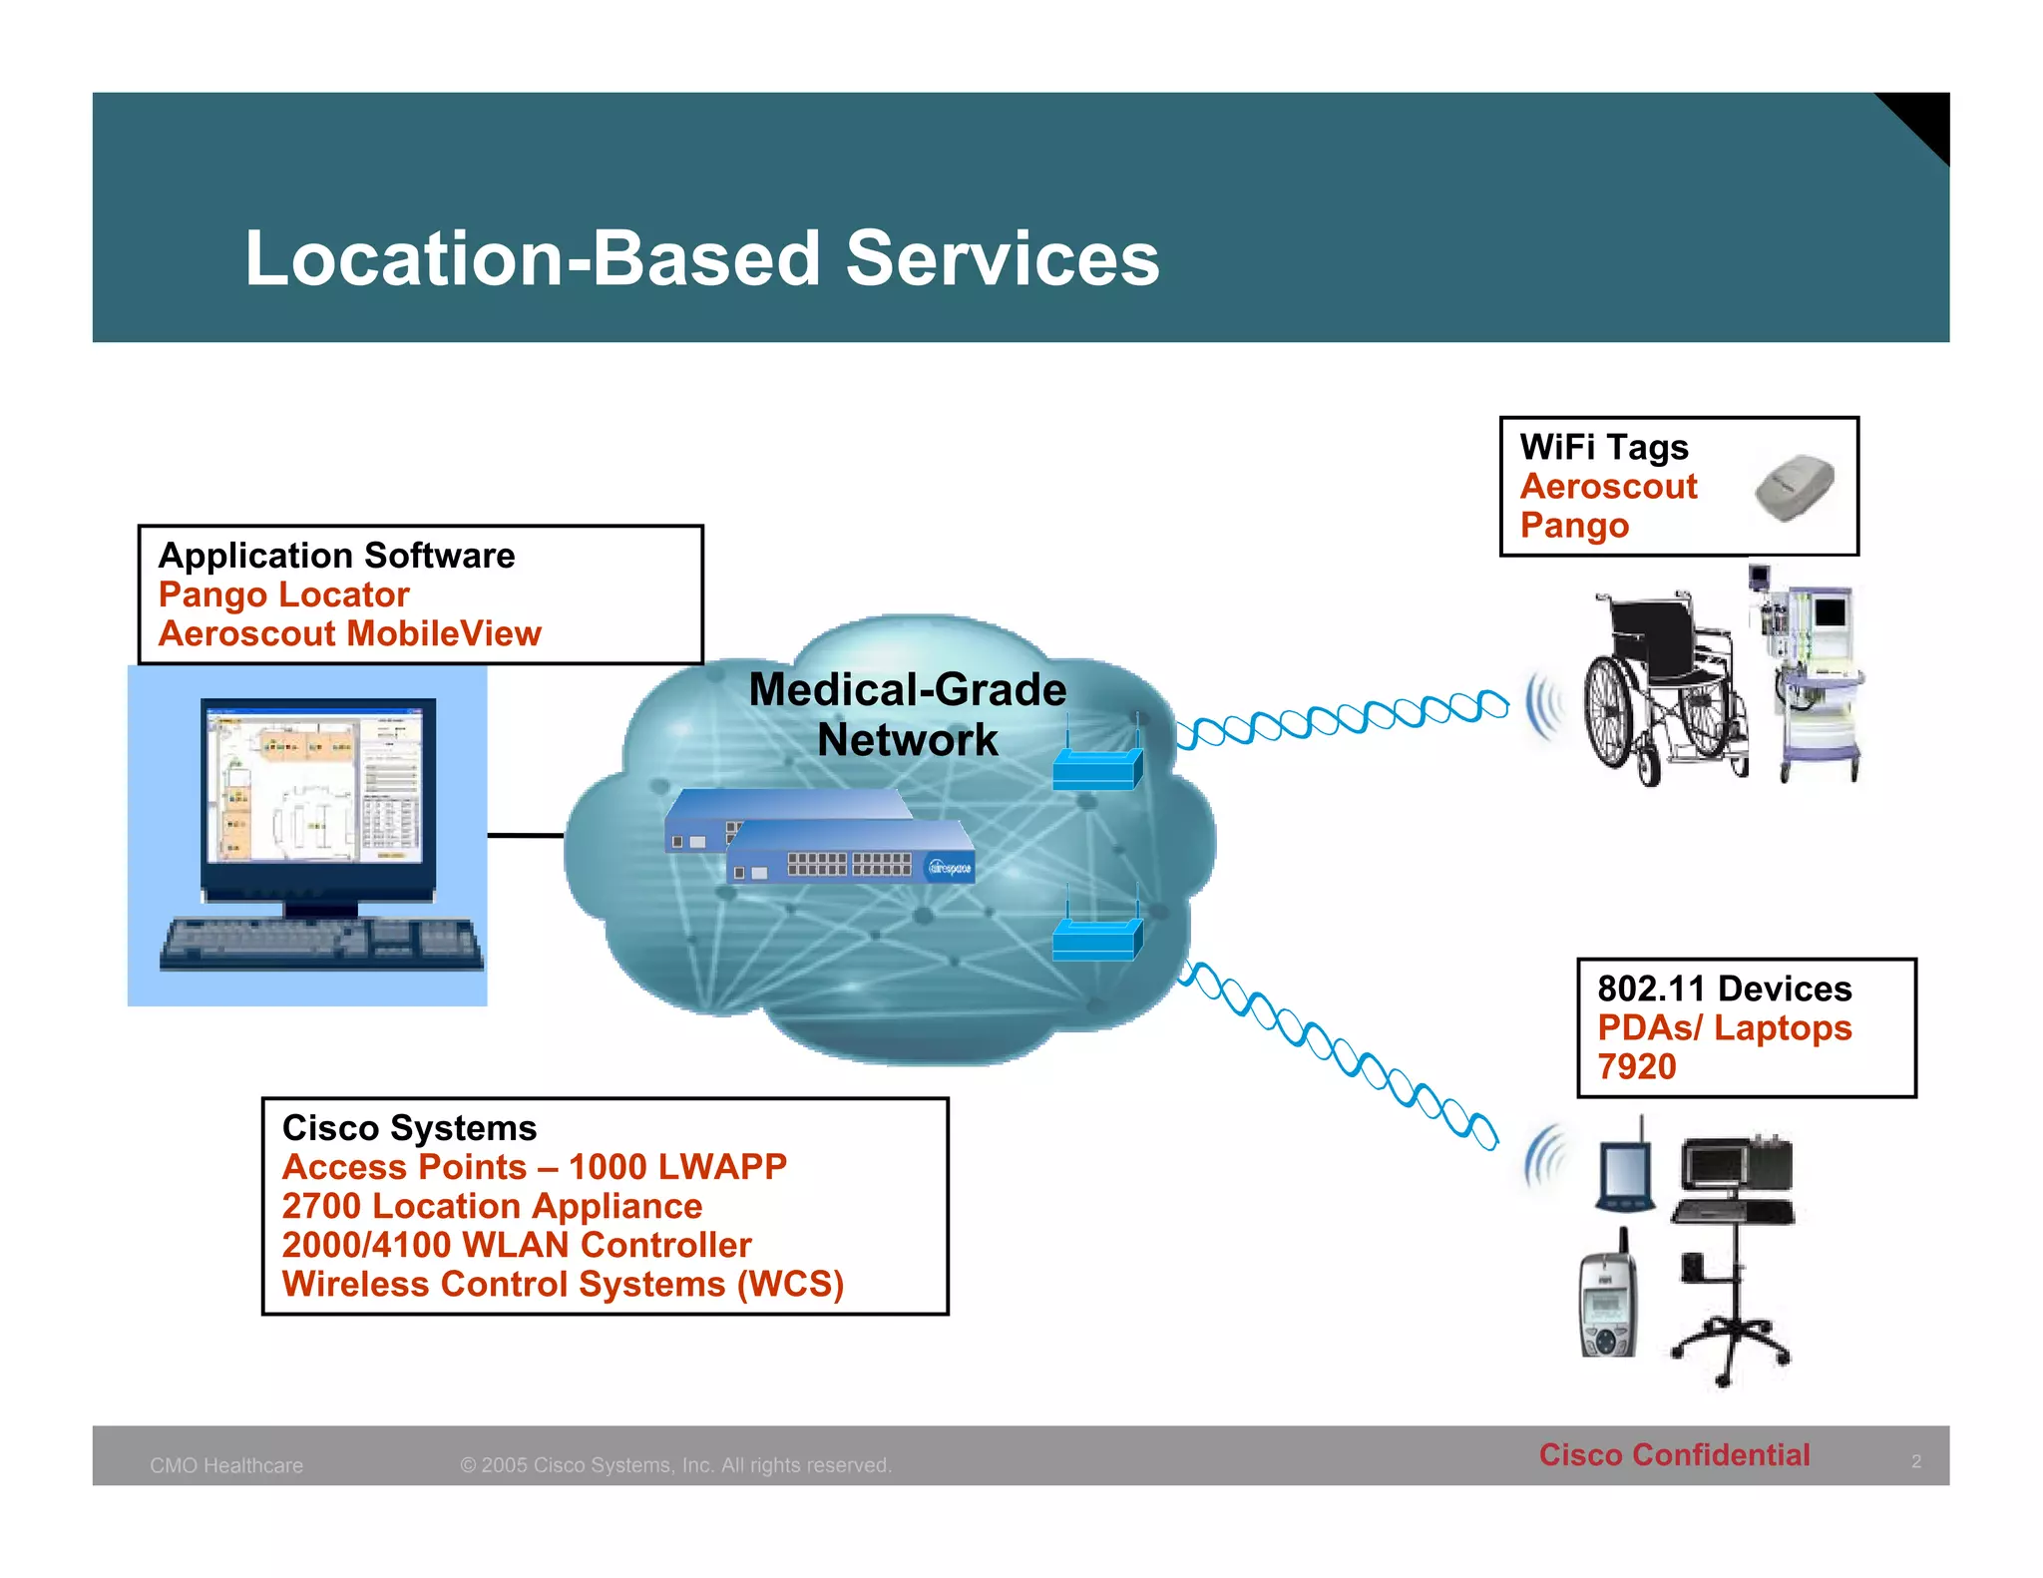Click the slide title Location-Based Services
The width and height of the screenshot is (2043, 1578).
click(702, 258)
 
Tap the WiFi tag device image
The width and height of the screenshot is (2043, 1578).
click(1795, 487)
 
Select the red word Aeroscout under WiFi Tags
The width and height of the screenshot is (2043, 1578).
click(1608, 487)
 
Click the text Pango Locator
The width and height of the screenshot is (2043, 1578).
click(284, 594)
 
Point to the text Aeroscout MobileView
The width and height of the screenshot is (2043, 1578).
click(350, 634)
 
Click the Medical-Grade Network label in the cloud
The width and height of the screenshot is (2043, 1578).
click(907, 714)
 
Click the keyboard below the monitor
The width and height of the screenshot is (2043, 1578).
click(321, 943)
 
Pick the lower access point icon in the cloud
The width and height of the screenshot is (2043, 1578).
click(1097, 936)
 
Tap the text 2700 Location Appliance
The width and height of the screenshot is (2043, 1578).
click(492, 1206)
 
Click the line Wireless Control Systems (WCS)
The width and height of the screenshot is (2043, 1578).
click(563, 1284)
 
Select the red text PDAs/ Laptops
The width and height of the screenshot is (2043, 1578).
click(1724, 1027)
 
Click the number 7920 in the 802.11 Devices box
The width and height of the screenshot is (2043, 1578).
click(1636, 1067)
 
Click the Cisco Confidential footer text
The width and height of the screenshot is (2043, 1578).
click(1674, 1455)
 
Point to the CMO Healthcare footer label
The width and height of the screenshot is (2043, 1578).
click(226, 1465)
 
